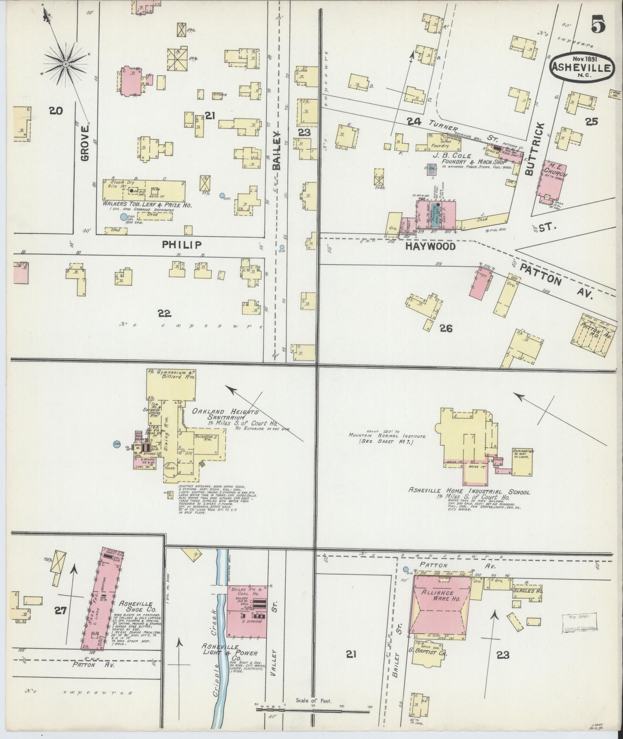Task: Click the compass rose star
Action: (66, 64)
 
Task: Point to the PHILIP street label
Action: (182, 245)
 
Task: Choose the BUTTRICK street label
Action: (530, 148)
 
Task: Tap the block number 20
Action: (56, 111)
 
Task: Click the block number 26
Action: (446, 329)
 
